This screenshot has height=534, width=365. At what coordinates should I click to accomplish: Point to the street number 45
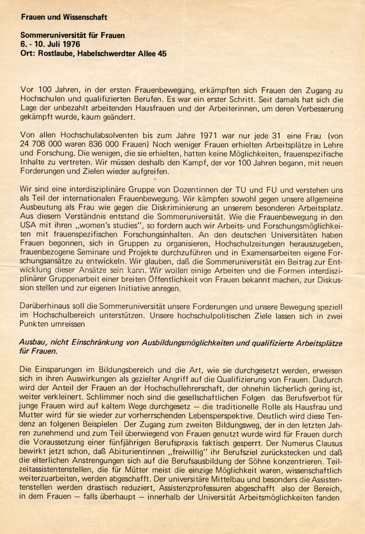tap(162, 53)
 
